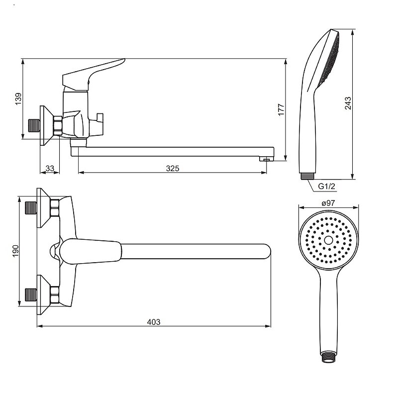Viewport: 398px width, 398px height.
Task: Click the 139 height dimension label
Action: point(18,99)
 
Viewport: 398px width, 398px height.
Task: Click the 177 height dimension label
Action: point(281,109)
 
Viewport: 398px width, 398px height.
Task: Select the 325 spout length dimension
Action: point(173,168)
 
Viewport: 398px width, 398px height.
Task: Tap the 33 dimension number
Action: point(50,168)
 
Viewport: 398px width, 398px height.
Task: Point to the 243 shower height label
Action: point(348,103)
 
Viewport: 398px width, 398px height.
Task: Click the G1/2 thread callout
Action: point(327,186)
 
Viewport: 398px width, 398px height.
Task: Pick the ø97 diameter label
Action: point(328,203)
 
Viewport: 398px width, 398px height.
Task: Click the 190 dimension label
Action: point(16,251)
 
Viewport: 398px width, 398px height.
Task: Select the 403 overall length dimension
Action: point(154,322)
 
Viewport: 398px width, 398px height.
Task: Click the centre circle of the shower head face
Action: point(328,240)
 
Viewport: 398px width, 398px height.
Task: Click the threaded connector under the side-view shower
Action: point(307,176)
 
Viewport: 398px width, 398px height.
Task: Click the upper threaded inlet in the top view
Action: point(31,207)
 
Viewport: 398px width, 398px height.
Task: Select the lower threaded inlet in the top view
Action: point(31,295)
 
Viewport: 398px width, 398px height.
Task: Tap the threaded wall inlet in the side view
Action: point(34,126)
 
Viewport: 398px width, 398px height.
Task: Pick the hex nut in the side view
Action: point(58,125)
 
